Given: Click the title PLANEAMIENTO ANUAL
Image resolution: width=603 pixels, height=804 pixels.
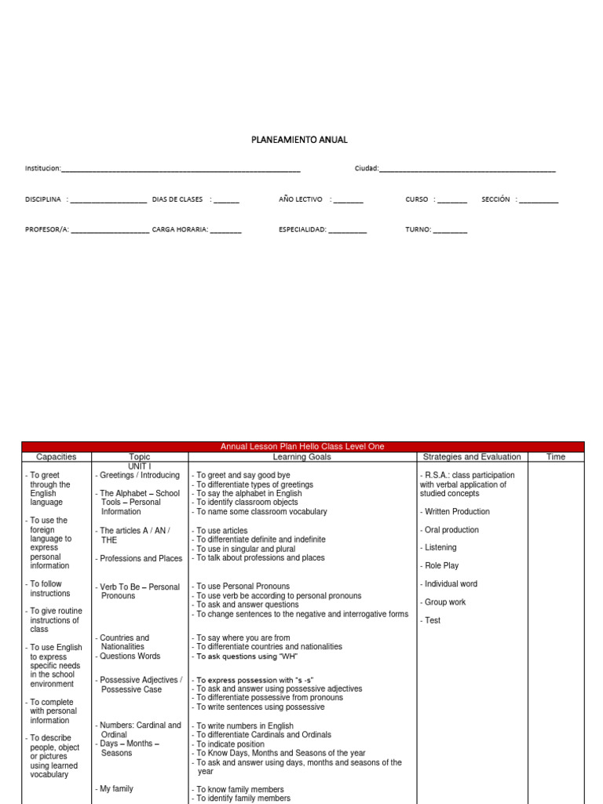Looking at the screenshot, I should [x=299, y=140].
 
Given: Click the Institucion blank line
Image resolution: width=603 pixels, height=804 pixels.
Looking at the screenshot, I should [x=180, y=169].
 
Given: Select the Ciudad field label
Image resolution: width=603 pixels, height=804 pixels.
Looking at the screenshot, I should [x=366, y=168].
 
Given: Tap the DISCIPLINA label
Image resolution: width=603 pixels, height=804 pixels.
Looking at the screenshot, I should [x=43, y=199].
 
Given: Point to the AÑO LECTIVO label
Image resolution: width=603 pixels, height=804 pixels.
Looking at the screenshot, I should [x=300, y=199].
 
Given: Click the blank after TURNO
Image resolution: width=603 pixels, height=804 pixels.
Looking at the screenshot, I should [x=449, y=230].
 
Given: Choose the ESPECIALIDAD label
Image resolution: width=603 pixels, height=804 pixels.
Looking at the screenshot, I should [x=302, y=230].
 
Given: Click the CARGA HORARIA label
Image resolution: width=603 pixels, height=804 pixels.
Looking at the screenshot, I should [x=180, y=230].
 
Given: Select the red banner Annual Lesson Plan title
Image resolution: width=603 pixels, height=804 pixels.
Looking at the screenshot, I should [x=302, y=447].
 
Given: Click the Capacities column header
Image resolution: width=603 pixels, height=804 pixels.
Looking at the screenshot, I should [x=57, y=457].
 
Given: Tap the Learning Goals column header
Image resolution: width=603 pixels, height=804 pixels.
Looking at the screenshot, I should [x=302, y=457].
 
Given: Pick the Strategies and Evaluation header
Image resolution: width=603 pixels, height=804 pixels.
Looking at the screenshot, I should [x=471, y=457].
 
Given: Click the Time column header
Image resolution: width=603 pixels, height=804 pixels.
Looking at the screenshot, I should [x=555, y=457].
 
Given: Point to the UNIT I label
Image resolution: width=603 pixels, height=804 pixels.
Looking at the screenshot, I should [x=140, y=466].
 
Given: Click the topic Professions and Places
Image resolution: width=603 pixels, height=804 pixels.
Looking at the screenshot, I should [x=140, y=559].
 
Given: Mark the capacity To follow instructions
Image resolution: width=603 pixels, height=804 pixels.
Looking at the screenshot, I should [x=49, y=589].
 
